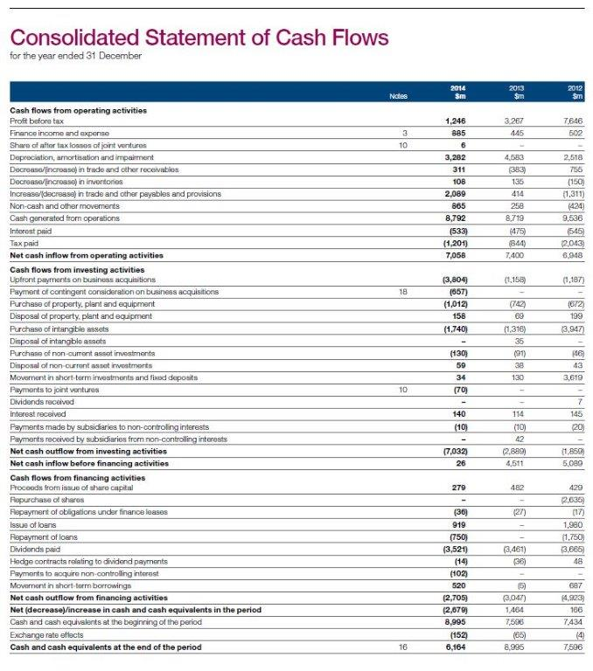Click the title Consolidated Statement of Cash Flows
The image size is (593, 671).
[199, 38]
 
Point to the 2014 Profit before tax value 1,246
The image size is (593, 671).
[455, 122]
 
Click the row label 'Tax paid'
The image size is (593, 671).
[24, 244]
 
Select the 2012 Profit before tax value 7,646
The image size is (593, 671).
[573, 122]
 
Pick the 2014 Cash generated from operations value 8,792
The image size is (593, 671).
[455, 222]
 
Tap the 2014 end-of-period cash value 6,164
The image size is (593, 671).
[455, 647]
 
